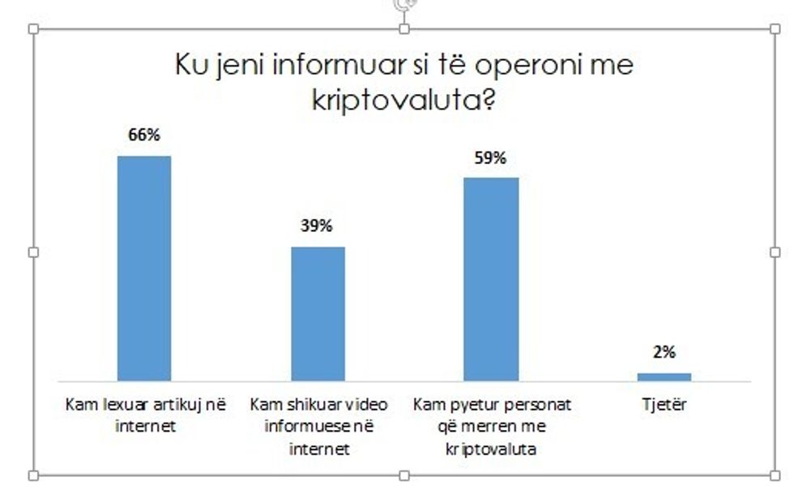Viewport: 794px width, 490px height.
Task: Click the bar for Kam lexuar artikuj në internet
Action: pyautogui.click(x=144, y=268)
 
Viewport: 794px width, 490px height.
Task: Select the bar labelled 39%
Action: pyautogui.click(x=318, y=313)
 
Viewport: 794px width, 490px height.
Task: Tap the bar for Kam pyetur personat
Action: pyautogui.click(x=491, y=278)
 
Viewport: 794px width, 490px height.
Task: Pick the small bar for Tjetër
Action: pyautogui.click(x=664, y=376)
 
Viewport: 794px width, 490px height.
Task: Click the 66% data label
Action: pyautogui.click(x=143, y=136)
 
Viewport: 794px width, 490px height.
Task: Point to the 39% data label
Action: pyautogui.click(x=317, y=226)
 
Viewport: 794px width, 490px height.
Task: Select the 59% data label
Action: pyautogui.click(x=490, y=158)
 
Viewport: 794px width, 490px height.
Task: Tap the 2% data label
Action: pyautogui.click(x=664, y=353)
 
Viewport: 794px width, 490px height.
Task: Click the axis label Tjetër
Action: pyautogui.click(x=664, y=404)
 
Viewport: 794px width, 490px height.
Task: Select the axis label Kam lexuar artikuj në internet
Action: pyautogui.click(x=145, y=414)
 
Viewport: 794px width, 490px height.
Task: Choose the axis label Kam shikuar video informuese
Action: pyautogui.click(x=318, y=425)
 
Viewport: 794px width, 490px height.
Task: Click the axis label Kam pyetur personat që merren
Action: pyautogui.click(x=491, y=425)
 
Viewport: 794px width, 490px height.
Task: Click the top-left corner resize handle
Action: pyautogui.click(x=33, y=29)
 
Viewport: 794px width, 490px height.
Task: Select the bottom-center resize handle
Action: pyautogui.click(x=404, y=475)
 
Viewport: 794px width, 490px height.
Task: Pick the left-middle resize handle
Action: pyautogui.click(x=33, y=252)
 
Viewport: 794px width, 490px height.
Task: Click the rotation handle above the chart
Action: pyautogui.click(x=404, y=4)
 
